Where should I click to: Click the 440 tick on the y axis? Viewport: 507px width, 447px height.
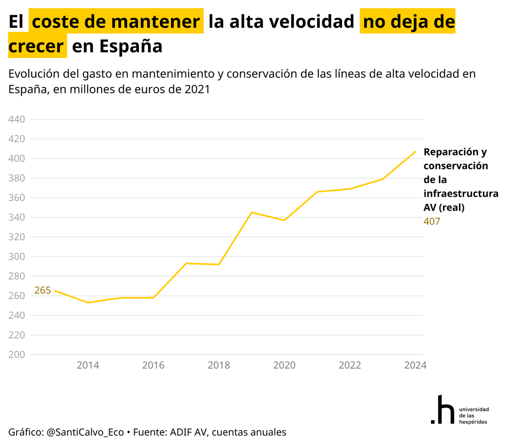[16, 119]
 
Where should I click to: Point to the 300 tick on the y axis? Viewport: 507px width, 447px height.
[16, 257]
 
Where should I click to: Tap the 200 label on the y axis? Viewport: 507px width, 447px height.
[16, 355]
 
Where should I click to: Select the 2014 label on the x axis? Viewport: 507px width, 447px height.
[88, 365]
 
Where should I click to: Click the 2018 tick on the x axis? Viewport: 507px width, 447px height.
[219, 365]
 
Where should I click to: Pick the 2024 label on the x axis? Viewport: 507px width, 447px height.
[415, 365]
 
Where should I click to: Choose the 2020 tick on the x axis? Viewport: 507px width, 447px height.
[284, 365]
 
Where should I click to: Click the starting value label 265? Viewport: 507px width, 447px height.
[42, 290]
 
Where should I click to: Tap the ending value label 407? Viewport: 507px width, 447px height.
[432, 222]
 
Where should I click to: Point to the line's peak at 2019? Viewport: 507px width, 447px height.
[252, 212]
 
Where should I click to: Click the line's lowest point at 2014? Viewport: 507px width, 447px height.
[88, 303]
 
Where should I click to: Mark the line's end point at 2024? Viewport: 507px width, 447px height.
[416, 151]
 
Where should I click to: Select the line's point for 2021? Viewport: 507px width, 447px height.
[317, 192]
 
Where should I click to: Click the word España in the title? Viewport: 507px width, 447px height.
[131, 46]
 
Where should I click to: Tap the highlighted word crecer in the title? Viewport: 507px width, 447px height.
[36, 46]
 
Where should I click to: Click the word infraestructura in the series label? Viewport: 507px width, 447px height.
[461, 194]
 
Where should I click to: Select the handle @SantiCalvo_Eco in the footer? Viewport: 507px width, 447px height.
[85, 432]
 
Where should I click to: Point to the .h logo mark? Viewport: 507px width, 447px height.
[442, 410]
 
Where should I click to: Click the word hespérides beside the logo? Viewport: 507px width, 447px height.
[473, 422]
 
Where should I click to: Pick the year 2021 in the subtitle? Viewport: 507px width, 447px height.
[197, 89]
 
